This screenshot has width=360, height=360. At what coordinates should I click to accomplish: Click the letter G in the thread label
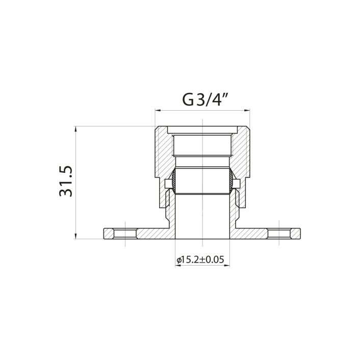pos(188,99)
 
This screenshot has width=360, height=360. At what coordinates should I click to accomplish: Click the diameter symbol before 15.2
pos(179,260)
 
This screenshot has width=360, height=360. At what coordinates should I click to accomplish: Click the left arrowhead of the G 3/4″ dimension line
pos(158,110)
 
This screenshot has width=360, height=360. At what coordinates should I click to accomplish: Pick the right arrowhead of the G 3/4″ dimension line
pos(246,110)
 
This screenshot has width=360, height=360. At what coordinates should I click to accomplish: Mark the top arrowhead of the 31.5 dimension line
pos(76,128)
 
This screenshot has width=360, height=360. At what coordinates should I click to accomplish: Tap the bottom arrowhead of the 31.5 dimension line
pos(76,236)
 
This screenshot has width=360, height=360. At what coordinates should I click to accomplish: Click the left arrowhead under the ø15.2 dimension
pos(176,266)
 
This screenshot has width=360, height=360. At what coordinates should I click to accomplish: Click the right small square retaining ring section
pos(237,183)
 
